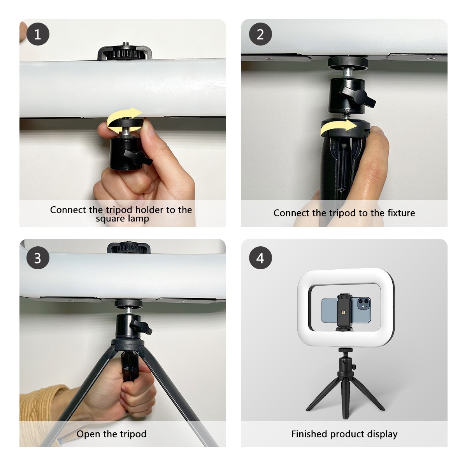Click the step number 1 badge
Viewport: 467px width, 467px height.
(x=38, y=34)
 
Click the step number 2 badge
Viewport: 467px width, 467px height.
(x=260, y=34)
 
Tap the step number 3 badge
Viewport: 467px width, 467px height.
(x=38, y=258)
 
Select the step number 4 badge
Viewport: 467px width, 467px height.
(x=260, y=258)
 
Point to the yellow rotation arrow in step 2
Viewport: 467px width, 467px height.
(x=339, y=128)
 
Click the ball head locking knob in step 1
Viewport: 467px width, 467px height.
(x=138, y=158)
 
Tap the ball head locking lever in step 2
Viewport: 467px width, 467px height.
(x=358, y=96)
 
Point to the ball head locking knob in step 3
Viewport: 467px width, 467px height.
(x=141, y=327)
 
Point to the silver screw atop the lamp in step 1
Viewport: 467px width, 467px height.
(x=126, y=44)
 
